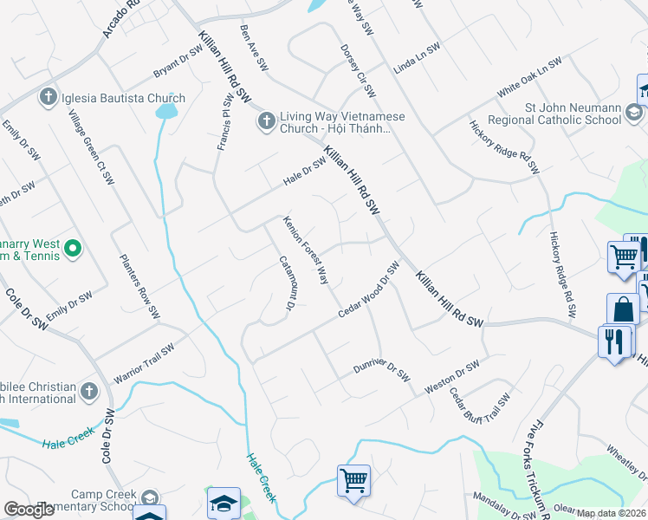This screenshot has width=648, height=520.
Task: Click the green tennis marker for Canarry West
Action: click(x=73, y=250)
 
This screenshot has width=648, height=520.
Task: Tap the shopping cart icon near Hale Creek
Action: click(x=353, y=478)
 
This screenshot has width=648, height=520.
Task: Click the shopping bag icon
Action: click(x=622, y=309)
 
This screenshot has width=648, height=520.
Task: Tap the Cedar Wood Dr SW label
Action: click(x=368, y=290)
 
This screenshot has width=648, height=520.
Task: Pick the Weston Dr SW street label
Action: click(x=451, y=379)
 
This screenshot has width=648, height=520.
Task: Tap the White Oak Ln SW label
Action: click(x=529, y=78)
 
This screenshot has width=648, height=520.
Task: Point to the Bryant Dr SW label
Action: click(x=177, y=62)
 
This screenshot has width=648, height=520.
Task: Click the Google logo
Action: click(x=29, y=510)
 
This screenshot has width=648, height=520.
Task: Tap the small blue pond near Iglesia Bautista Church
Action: click(x=166, y=110)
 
